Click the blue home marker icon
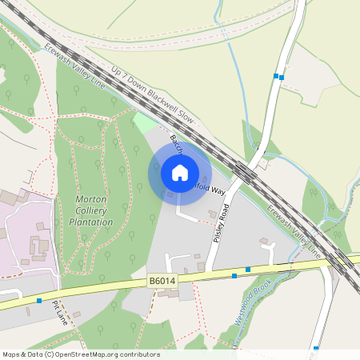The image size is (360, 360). [180, 173]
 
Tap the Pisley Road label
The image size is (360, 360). [221, 224]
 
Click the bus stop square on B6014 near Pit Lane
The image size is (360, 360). [39, 301]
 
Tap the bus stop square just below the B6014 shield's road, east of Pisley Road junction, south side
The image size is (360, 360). [234, 275]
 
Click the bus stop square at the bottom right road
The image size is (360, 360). [316, 348]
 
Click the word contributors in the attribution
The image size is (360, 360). [138, 354]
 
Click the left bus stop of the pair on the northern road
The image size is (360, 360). [275, 76]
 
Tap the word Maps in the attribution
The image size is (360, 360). [11, 354]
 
